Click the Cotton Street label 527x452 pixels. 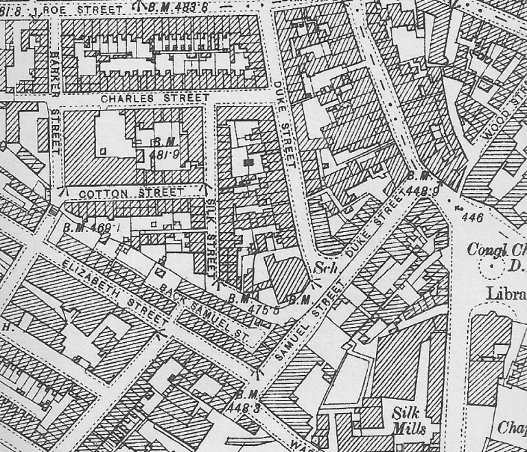coord(131,194)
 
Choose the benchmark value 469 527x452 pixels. coord(91,226)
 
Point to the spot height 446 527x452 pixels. coord(473,218)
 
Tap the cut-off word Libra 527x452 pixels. coord(506,293)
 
